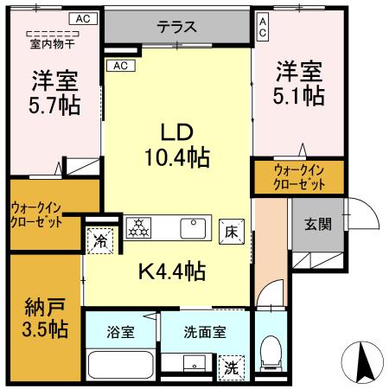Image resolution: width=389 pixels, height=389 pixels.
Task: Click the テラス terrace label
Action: (x=175, y=27)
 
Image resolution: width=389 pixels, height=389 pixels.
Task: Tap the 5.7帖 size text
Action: (x=54, y=105)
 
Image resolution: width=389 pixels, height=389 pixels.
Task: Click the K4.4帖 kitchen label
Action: (x=172, y=271)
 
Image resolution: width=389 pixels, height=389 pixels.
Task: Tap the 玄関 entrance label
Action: (x=316, y=225)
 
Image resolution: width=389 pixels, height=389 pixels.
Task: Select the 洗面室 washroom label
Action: (x=205, y=331)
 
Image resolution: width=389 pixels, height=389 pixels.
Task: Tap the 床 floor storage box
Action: (x=231, y=232)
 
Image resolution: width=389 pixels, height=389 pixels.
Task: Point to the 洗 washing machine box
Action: (x=230, y=367)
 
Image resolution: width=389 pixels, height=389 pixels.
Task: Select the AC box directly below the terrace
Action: (x=119, y=65)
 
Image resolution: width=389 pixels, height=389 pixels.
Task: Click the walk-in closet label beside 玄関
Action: (x=299, y=177)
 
